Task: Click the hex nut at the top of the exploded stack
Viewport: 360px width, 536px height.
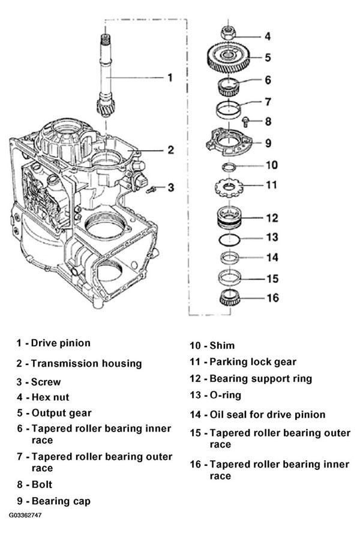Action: (x=229, y=33)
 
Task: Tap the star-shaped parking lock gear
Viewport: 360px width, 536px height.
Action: (x=229, y=187)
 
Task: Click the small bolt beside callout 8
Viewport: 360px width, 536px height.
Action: (x=245, y=122)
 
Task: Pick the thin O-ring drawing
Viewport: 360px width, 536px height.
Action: (x=229, y=239)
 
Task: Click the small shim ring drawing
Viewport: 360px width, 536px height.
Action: (x=229, y=167)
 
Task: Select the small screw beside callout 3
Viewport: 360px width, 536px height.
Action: (x=151, y=189)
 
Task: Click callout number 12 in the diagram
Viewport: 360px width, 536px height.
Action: (x=272, y=218)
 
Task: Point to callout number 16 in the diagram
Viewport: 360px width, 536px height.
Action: (x=272, y=298)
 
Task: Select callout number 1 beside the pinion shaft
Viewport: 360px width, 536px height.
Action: (x=170, y=77)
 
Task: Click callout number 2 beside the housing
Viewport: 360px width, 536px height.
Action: (x=170, y=149)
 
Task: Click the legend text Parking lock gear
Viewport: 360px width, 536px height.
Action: (x=253, y=362)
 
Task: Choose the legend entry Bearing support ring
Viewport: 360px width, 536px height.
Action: (x=260, y=379)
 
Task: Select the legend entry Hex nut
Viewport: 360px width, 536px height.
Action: (x=50, y=397)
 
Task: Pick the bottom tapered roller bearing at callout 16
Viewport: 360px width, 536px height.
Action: (x=230, y=297)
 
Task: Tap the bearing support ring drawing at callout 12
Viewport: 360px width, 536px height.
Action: (x=229, y=217)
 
